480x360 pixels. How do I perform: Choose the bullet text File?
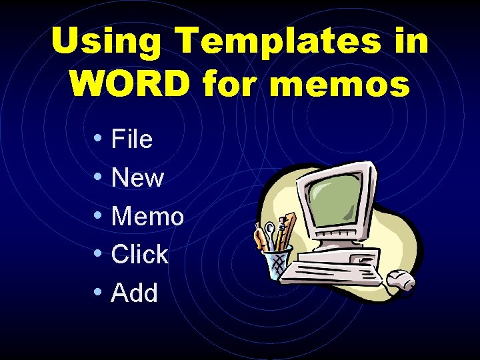(132, 139)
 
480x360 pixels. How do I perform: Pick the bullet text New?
(138, 178)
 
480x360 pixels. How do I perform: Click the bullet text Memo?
(148, 216)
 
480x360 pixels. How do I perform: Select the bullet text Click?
(140, 254)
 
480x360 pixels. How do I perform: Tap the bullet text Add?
(135, 293)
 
